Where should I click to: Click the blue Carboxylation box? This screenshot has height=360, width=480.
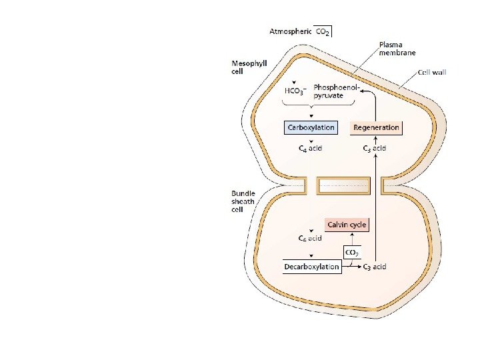coord(310,127)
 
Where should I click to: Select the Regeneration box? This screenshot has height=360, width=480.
coord(377,127)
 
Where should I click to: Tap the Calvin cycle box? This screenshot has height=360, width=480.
coord(346,225)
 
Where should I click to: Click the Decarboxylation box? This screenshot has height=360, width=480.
coord(312,267)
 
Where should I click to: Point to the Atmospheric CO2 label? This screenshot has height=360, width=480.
coord(300,31)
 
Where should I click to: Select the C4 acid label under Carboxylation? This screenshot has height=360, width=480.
coord(309,148)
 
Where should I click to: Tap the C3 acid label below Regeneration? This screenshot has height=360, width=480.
coord(375,148)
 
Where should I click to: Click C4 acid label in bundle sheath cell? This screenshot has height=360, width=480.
coord(309,238)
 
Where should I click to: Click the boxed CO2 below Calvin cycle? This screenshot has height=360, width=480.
coord(352,252)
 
